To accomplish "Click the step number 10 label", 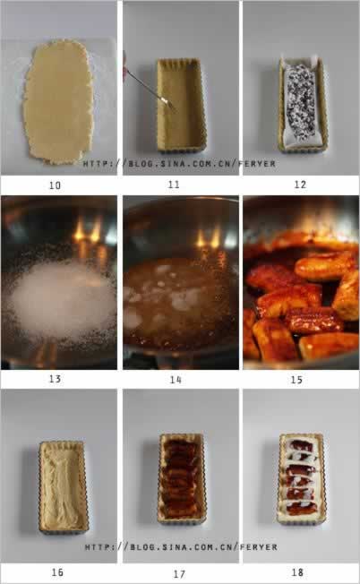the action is [56, 185].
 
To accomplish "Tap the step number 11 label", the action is [174, 185].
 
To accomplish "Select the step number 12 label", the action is [300, 185].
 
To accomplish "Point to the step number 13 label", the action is [56, 379].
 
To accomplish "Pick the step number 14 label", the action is [176, 380].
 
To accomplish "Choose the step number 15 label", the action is [296, 380].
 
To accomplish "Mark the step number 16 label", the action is [57, 572].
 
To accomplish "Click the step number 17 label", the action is [179, 573].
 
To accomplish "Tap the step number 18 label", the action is [297, 572].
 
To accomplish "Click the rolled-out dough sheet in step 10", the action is [57, 102].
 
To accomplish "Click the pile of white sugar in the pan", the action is [62, 298].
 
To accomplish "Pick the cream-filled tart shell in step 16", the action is [63, 487].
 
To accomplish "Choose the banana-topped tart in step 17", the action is [181, 478].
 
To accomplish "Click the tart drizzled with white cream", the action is [302, 478].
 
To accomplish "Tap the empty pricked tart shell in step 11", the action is [181, 105].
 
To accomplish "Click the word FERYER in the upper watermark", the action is [259, 164].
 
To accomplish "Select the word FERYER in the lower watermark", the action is [260, 547].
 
